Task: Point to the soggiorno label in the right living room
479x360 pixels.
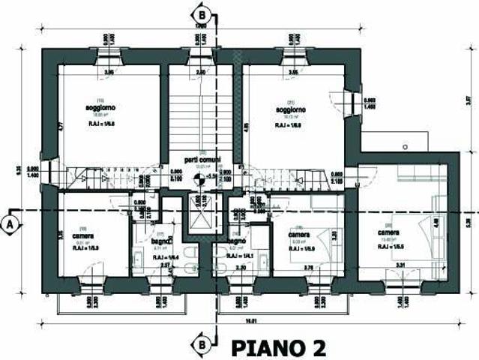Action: (x=289, y=109)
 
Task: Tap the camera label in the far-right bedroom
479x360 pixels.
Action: (x=389, y=232)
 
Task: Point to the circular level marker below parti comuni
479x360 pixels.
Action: (x=199, y=177)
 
